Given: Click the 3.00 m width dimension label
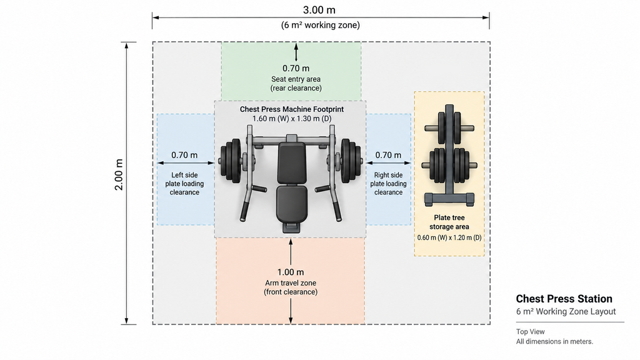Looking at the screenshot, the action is (x=319, y=10).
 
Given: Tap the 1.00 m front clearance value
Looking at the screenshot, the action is (x=291, y=272).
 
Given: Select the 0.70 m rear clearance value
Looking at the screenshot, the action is (x=296, y=69).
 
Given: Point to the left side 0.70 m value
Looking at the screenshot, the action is (x=184, y=155).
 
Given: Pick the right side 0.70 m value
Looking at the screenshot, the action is (x=388, y=155).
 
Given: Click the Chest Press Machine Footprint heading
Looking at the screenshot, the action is (x=292, y=109).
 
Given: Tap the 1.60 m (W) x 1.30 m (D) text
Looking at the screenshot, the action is (x=292, y=119).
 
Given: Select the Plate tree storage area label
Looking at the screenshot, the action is (x=449, y=222).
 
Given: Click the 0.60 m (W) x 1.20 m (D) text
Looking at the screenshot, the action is (x=449, y=237).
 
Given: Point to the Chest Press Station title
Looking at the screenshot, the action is (x=564, y=299).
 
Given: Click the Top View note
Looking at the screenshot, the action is (x=530, y=332).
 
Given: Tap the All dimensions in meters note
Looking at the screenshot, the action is (x=554, y=342).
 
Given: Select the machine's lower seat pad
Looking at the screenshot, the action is (x=291, y=202).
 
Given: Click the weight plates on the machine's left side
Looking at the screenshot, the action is (x=231, y=161).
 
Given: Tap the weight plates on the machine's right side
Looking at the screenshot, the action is (x=351, y=161).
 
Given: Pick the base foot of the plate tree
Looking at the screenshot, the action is (x=449, y=199).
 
